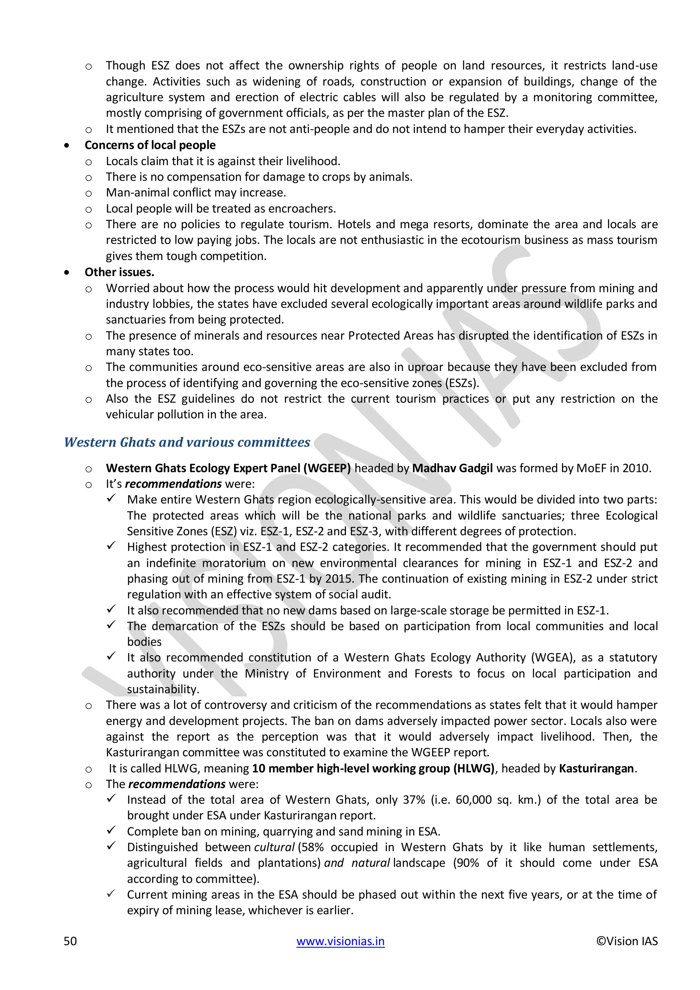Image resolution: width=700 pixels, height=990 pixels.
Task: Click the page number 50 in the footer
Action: click(70, 941)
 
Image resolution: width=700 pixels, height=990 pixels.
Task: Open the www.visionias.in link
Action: click(340, 941)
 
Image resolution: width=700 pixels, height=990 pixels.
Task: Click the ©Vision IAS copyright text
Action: click(627, 941)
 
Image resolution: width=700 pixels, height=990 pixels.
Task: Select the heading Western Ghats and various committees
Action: click(187, 442)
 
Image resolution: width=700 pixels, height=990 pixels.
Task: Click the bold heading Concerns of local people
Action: click(150, 145)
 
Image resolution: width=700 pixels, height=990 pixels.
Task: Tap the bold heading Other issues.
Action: click(119, 272)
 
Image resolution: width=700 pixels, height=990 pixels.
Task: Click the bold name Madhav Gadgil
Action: click(452, 468)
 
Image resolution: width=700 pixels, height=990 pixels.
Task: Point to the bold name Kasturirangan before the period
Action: click(596, 768)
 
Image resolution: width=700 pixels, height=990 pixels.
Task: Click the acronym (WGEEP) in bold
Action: click(327, 468)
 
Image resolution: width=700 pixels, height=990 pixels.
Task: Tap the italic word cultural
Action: click(274, 847)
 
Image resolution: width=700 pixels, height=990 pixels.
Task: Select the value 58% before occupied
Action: click(312, 847)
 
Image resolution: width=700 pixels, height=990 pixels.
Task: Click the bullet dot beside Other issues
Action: click(66, 272)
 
